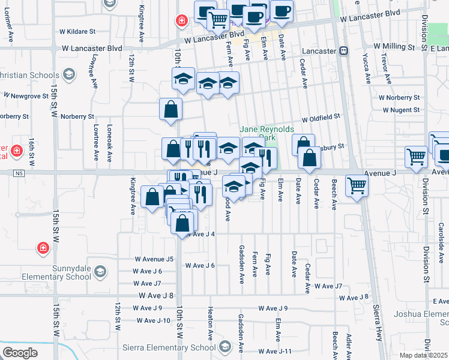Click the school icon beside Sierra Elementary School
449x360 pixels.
(x=224, y=347)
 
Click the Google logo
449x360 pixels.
(x=20, y=352)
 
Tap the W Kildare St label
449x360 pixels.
(x=77, y=31)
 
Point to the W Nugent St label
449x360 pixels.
(x=399, y=110)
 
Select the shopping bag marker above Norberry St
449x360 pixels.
(x=171, y=109)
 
